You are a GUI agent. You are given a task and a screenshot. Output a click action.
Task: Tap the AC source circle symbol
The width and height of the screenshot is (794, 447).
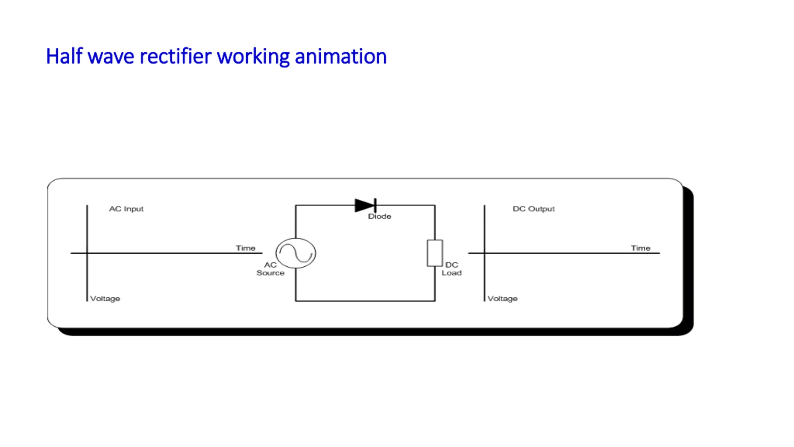(296, 253)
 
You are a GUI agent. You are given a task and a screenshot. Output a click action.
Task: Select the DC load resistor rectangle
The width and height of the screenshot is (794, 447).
(435, 253)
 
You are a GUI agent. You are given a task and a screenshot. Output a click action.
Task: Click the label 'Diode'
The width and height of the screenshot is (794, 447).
(379, 216)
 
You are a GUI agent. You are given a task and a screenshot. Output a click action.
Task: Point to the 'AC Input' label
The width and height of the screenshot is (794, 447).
(126, 209)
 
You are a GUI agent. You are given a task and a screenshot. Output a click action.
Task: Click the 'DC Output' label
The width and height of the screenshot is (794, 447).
(533, 209)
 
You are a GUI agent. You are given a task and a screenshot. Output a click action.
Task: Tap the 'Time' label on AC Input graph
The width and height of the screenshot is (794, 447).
(246, 248)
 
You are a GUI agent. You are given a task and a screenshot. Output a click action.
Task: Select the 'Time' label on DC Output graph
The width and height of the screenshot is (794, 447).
(640, 248)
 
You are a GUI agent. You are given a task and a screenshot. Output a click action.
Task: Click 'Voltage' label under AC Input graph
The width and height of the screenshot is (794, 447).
(105, 299)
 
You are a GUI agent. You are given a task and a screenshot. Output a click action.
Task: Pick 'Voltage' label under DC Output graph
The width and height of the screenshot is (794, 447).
(502, 299)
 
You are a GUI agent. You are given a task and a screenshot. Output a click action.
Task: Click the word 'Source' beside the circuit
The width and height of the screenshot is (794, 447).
(270, 273)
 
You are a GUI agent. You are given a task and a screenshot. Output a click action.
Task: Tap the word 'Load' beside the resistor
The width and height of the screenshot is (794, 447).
(452, 273)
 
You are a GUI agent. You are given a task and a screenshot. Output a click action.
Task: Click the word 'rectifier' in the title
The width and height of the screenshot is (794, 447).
(176, 56)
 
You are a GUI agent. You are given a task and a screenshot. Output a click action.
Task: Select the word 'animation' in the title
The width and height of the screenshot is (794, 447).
(341, 56)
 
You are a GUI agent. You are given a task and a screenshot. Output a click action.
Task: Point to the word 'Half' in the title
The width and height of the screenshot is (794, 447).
(64, 56)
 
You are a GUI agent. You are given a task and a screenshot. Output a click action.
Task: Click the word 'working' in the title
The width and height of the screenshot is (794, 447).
(253, 56)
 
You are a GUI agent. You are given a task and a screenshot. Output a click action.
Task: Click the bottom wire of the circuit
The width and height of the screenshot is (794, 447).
(365, 301)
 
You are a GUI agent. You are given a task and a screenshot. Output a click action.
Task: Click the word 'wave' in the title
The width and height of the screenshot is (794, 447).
(111, 56)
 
